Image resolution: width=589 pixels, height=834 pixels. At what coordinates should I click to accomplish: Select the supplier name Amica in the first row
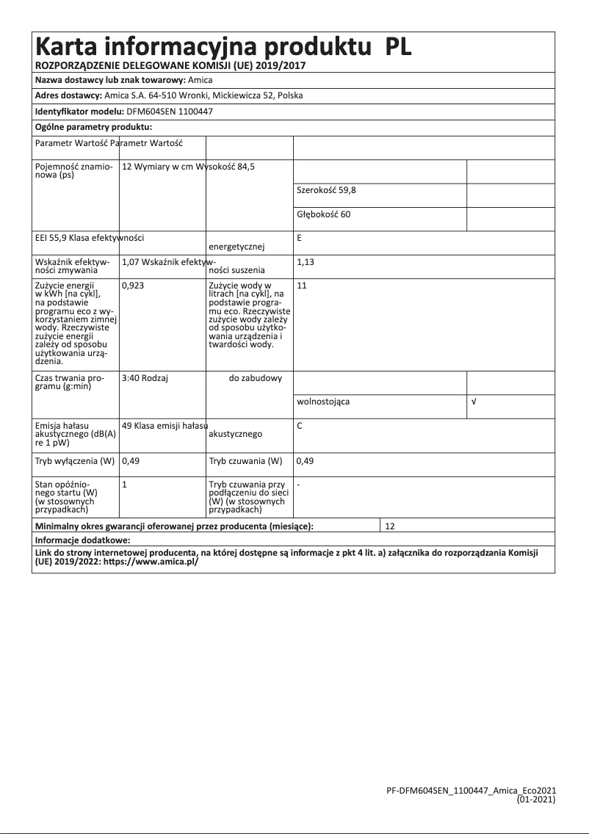[200, 79]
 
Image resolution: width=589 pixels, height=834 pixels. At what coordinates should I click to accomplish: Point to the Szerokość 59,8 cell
[327, 190]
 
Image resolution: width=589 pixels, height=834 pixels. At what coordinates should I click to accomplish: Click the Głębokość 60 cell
[324, 214]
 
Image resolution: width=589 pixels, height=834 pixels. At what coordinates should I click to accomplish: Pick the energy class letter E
[300, 238]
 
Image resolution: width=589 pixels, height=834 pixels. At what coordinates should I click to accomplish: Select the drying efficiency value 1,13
[305, 261]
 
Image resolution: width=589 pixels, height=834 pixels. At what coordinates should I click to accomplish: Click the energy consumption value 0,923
[133, 285]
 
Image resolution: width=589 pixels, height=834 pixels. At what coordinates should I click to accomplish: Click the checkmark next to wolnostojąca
[474, 402]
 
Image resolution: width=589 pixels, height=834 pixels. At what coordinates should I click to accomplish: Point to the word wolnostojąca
[323, 402]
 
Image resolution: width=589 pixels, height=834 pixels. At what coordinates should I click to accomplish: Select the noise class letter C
[300, 426]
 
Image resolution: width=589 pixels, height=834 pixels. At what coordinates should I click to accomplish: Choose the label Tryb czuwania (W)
[245, 461]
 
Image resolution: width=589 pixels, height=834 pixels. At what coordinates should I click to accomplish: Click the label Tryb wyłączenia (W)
[76, 461]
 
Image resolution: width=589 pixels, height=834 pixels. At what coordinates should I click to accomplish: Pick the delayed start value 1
[124, 485]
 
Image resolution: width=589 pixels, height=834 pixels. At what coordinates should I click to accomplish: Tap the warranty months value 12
[390, 526]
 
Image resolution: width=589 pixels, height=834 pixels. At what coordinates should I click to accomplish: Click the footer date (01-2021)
[536, 797]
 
